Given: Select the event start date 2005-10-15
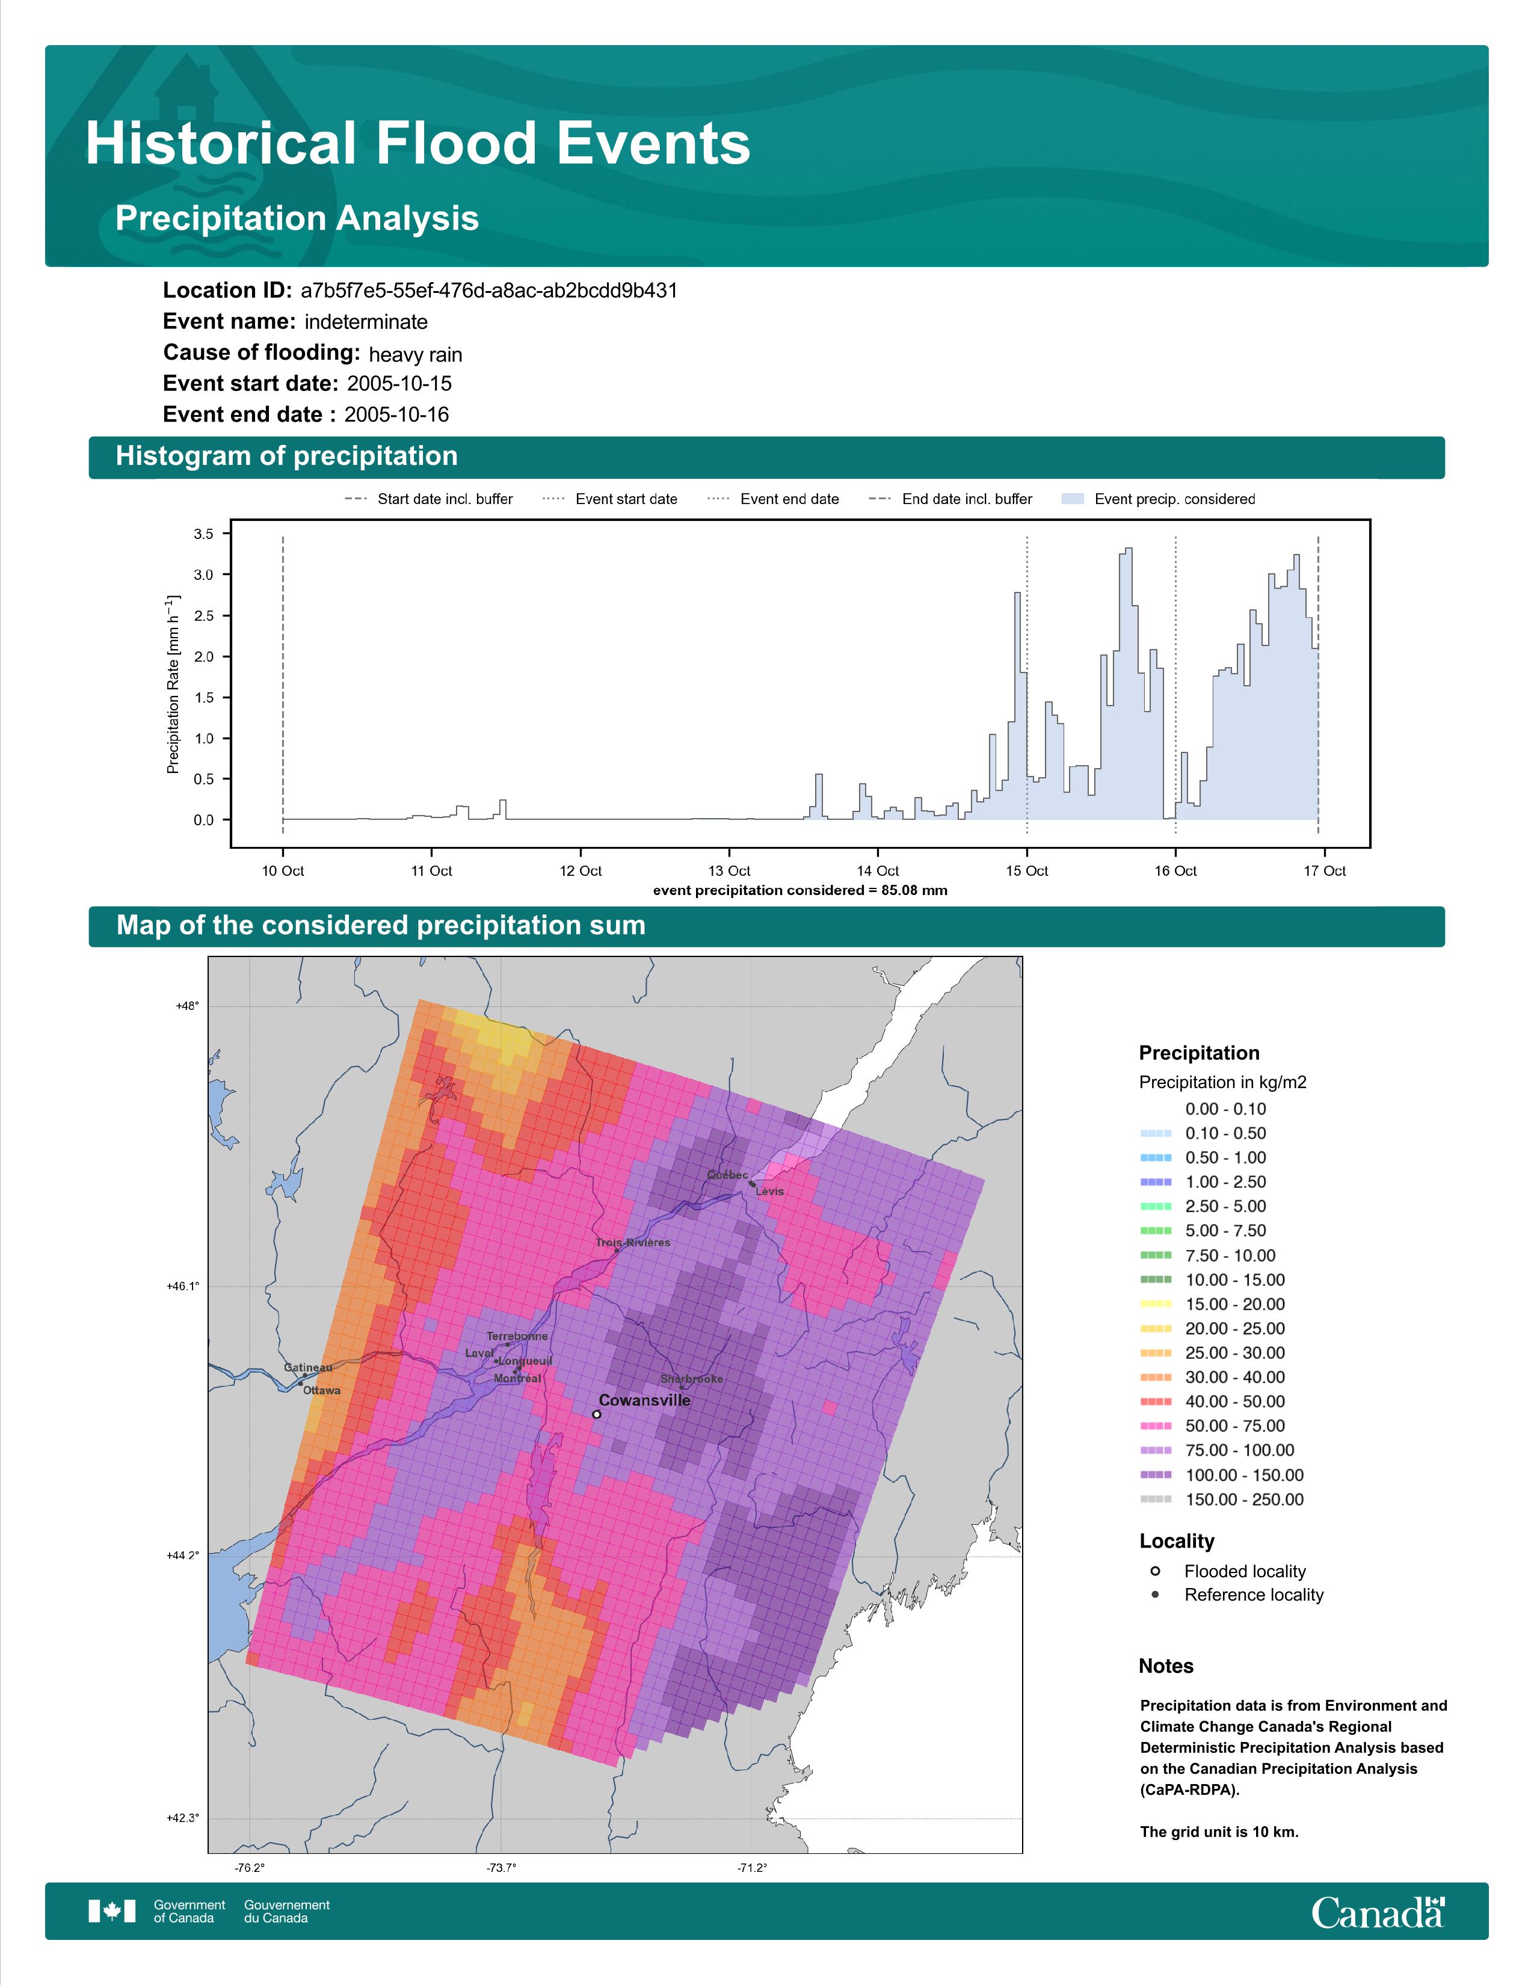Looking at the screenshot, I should click(399, 384).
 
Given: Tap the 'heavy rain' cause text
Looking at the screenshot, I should click(415, 354).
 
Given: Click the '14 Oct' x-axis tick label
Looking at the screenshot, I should click(877, 871).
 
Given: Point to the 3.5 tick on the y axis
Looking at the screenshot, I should click(203, 534).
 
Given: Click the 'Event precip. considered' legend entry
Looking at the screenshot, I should click(1174, 499).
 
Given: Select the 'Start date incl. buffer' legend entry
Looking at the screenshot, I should click(445, 499).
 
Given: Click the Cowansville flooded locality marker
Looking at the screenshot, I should click(596, 1414).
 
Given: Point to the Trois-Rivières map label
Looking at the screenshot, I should click(633, 1243).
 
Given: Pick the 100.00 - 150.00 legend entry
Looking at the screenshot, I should click(1243, 1475).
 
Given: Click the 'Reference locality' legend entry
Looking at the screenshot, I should click(1253, 1595).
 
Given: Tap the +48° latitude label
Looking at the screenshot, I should click(187, 1006).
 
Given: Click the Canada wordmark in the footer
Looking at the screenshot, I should click(1377, 1913).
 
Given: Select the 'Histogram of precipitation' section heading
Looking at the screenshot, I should click(286, 457).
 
